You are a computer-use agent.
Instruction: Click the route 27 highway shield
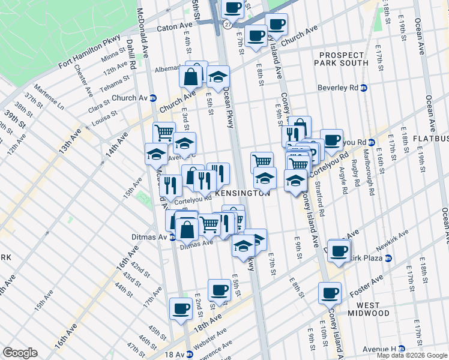(x=227, y=25)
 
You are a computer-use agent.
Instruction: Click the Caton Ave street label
(x=175, y=28)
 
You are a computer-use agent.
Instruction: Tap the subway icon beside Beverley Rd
(x=363, y=88)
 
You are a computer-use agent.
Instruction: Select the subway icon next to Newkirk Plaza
(x=388, y=258)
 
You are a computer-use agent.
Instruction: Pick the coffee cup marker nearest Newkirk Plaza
(x=339, y=250)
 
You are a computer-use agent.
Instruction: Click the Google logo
(x=20, y=353)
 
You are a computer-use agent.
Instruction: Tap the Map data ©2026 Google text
(x=412, y=355)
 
